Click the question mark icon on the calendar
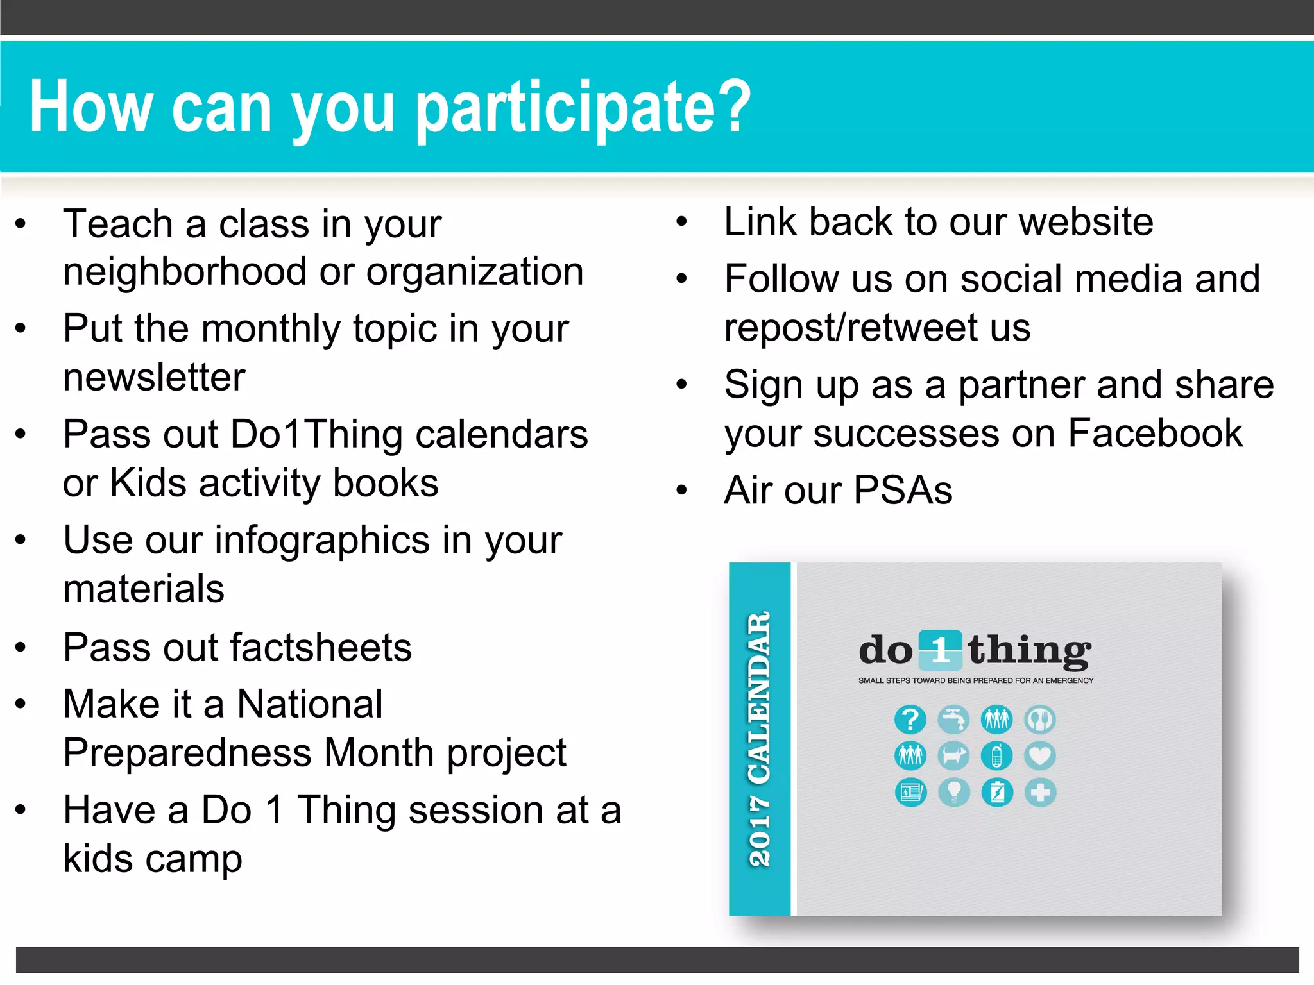[910, 720]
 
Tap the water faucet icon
[953, 720]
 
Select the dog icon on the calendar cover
[953, 756]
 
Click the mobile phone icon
[996, 756]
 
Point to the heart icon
[1040, 756]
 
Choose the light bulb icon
[953, 793]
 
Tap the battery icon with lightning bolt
[996, 793]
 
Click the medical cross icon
[1040, 793]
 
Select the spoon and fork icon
[1040, 720]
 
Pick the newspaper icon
[910, 793]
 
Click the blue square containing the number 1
[941, 650]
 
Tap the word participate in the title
[583, 108]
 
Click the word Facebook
[1155, 434]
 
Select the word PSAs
[903, 491]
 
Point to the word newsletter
[154, 377]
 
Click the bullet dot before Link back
[681, 223]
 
